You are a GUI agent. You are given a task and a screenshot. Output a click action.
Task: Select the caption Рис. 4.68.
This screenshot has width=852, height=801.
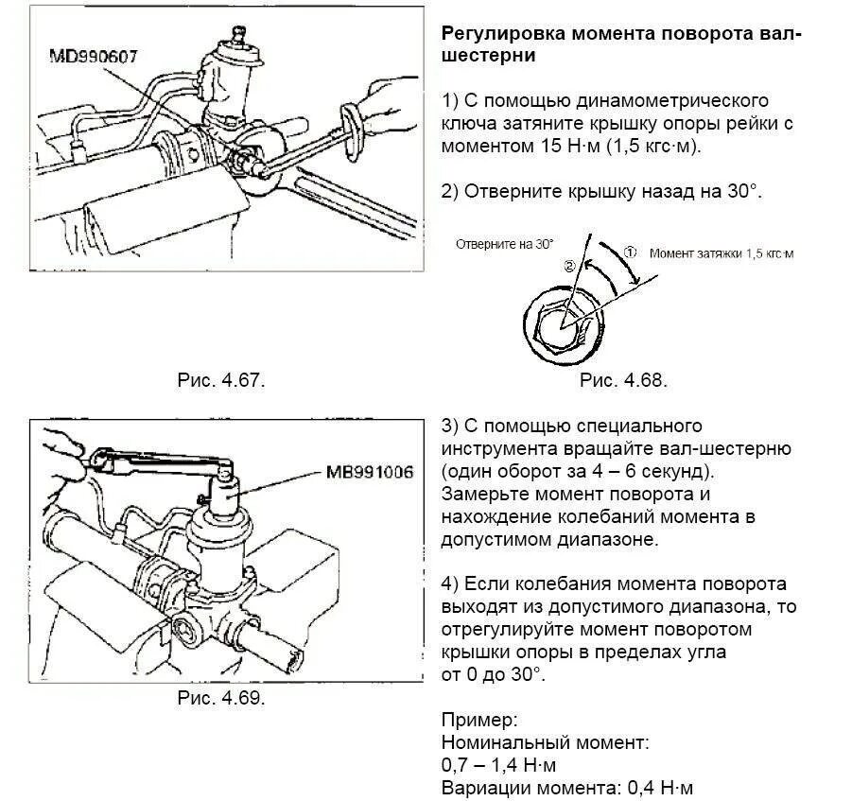tap(623, 380)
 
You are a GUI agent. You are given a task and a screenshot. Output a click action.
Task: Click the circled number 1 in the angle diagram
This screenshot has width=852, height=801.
tap(632, 252)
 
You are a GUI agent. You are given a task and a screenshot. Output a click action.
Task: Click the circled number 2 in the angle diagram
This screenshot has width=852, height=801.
tap(569, 268)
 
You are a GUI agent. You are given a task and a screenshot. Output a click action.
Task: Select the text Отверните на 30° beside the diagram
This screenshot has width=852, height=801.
tap(504, 243)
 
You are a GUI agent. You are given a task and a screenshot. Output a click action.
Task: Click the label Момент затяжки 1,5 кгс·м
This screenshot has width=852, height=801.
tap(722, 253)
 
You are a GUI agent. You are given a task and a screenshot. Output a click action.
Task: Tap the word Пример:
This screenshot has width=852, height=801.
tap(478, 719)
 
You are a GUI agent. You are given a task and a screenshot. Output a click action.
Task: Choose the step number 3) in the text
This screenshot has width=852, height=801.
tap(449, 426)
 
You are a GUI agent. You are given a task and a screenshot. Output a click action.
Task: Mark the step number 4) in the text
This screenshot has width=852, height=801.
tap(449, 584)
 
